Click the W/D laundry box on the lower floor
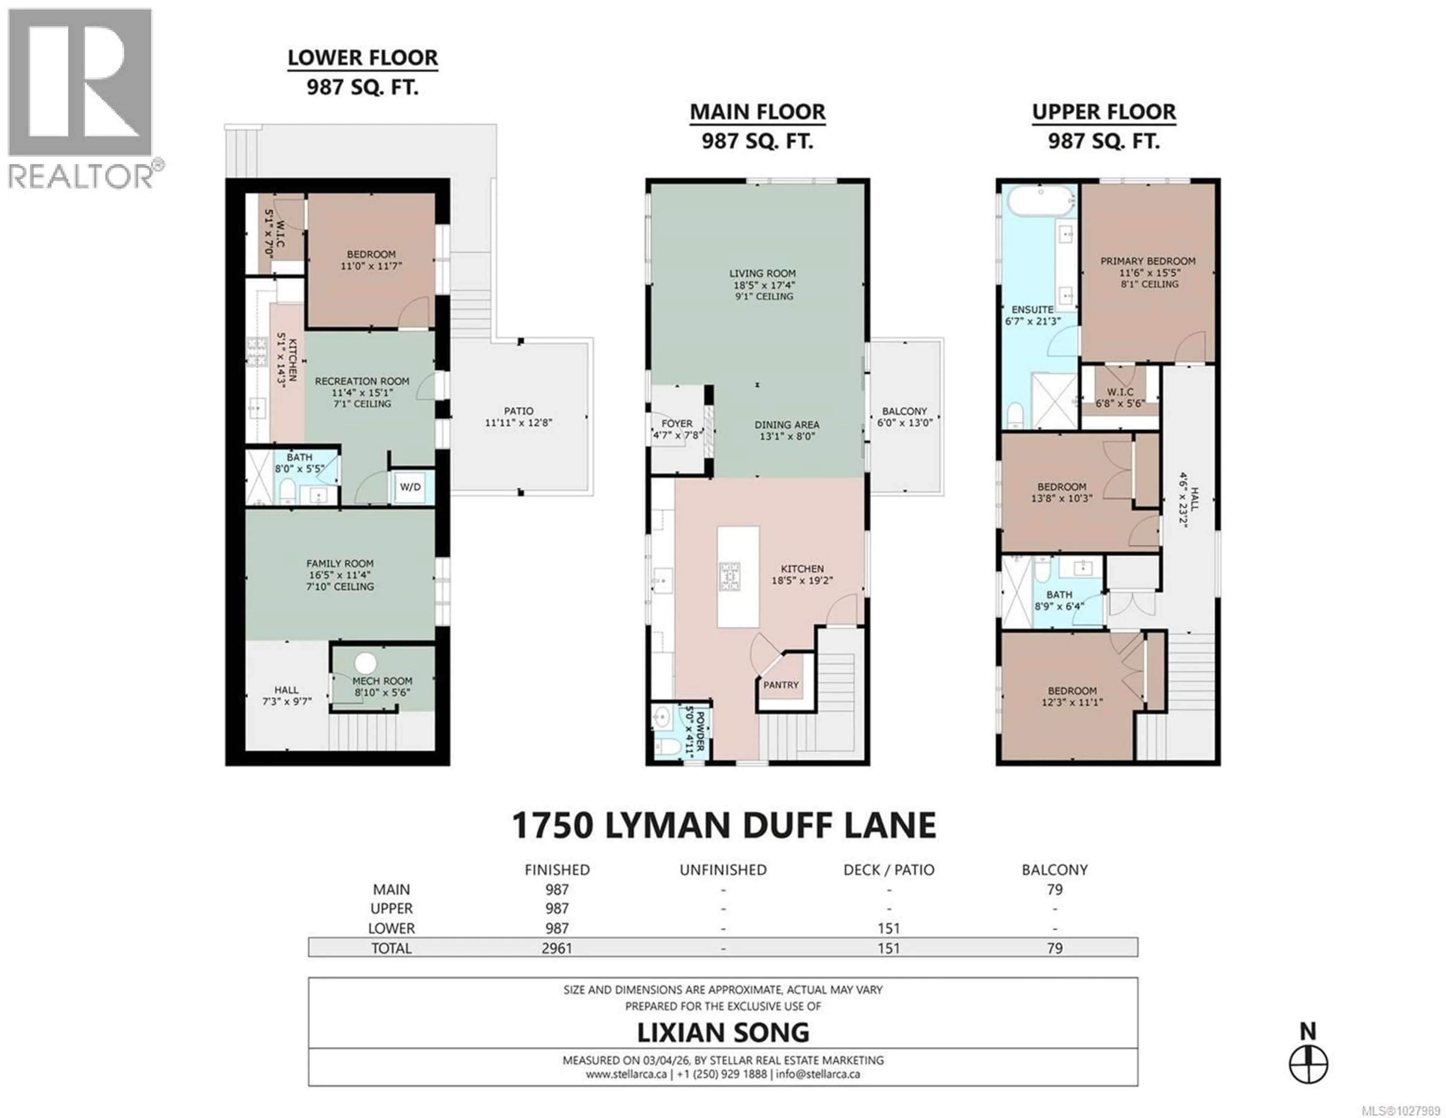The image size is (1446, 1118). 410,487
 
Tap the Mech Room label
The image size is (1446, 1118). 383,686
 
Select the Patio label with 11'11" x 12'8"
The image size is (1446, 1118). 519,416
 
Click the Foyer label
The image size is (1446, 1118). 677,429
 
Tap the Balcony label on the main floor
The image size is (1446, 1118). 905,416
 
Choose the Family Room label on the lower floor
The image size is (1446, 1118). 340,575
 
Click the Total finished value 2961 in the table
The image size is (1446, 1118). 557,948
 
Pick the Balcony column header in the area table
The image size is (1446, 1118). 1055,870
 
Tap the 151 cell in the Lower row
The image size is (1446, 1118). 889,929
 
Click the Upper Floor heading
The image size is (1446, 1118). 1104,113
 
